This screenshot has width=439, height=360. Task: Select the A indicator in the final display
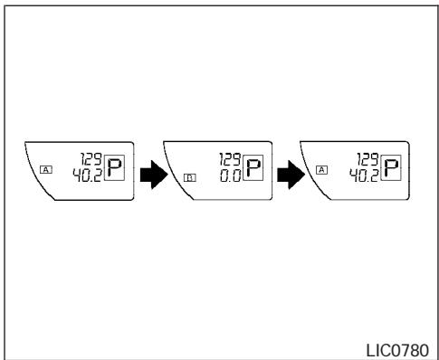[x=322, y=168]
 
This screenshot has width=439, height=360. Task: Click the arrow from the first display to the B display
[x=148, y=175]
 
